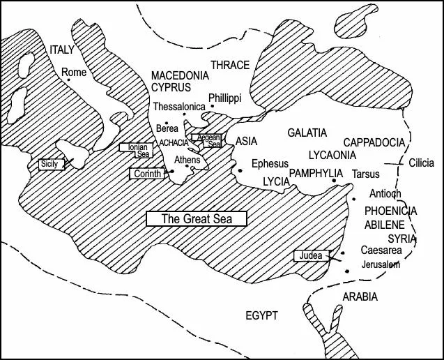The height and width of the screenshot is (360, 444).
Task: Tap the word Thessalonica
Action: (x=179, y=106)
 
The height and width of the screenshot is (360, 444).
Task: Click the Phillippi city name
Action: (x=224, y=98)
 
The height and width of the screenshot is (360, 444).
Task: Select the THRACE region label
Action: (x=230, y=65)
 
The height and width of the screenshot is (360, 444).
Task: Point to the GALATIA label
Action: (x=307, y=133)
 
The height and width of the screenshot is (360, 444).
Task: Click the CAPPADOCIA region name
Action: (x=374, y=142)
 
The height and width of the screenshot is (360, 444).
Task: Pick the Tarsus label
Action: (x=366, y=173)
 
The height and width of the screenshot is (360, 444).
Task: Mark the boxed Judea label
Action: (x=311, y=256)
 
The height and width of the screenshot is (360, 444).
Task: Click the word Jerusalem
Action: (x=381, y=265)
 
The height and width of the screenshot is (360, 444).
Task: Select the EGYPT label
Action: (x=261, y=316)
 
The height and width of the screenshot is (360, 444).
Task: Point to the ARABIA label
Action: (x=360, y=297)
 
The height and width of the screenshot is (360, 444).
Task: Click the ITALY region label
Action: (x=61, y=50)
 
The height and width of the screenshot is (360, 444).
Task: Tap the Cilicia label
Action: (x=421, y=163)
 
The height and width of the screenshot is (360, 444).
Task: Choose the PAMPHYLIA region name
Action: (x=316, y=172)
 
